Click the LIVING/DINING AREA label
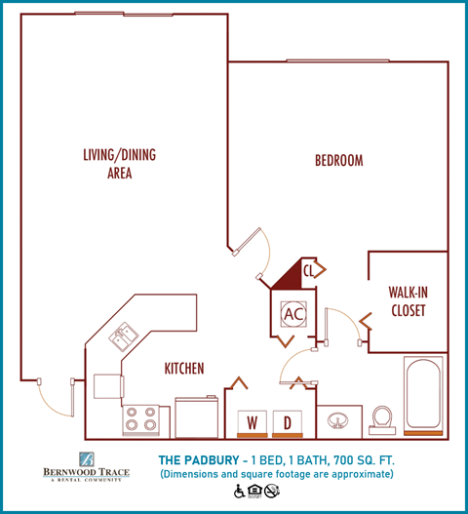(x=120, y=164)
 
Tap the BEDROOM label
(x=338, y=160)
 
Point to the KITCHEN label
(x=183, y=369)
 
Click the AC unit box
(x=292, y=313)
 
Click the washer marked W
(x=252, y=422)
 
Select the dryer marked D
(x=288, y=422)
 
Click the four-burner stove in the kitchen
(x=140, y=419)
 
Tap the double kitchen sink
(x=124, y=337)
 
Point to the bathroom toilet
(x=381, y=416)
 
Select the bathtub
(x=423, y=395)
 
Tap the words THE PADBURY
(x=199, y=459)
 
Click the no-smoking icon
(x=272, y=490)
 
